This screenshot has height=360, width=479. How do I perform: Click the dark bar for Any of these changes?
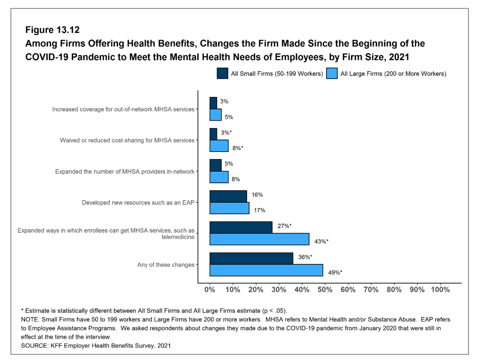(x=251, y=258)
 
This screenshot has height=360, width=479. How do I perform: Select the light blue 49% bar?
(x=266, y=270)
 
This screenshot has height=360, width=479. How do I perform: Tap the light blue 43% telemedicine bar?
(x=259, y=239)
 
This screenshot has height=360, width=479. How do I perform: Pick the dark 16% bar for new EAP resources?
(x=228, y=196)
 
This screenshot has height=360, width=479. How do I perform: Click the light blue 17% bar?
(x=229, y=208)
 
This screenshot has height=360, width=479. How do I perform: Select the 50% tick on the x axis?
(x=325, y=289)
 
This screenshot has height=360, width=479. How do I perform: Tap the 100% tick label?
(x=440, y=289)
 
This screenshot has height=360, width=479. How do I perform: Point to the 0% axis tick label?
(x=209, y=289)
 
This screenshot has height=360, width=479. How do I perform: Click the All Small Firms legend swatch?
(x=222, y=73)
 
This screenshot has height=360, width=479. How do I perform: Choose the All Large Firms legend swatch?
(x=332, y=73)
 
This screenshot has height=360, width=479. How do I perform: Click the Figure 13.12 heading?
(x=52, y=30)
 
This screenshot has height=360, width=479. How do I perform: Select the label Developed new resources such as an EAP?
(x=138, y=202)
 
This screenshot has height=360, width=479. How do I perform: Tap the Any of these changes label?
(x=165, y=264)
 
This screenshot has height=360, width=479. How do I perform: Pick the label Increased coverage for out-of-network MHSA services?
(x=123, y=109)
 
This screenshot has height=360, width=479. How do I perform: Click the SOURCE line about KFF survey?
(x=95, y=346)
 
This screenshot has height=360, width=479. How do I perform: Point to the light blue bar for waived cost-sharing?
(x=219, y=146)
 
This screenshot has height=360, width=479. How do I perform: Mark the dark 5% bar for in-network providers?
(x=215, y=165)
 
